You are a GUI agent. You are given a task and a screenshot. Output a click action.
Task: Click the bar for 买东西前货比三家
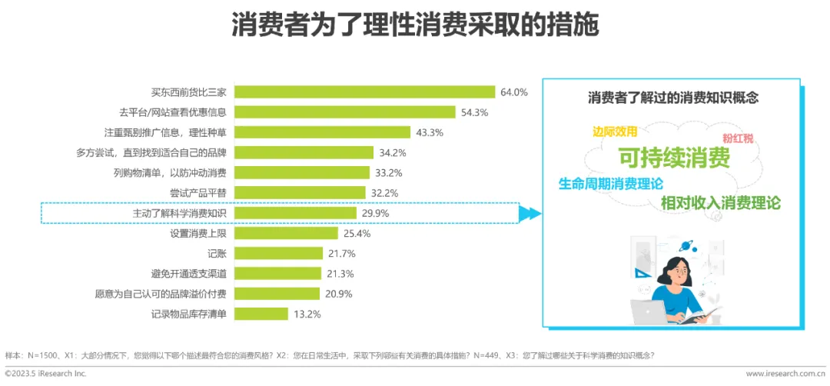[x=365, y=92]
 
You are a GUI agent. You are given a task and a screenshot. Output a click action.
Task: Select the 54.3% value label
[x=474, y=112]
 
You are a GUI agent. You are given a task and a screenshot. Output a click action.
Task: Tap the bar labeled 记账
[x=278, y=253]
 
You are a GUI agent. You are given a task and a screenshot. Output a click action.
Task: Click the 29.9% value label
[x=375, y=214]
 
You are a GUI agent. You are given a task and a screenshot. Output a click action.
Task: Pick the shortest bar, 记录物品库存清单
[x=261, y=314]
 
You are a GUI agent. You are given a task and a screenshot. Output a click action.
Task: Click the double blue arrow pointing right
[x=530, y=214]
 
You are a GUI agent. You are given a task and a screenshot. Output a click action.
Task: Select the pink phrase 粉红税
[x=738, y=138]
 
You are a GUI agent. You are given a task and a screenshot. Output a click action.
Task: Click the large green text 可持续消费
[x=675, y=157]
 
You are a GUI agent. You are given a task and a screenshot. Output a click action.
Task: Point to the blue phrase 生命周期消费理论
[x=610, y=184]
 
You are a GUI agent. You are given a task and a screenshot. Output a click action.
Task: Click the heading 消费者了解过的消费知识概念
[x=672, y=98]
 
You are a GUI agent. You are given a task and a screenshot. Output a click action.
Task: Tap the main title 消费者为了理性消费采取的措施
[x=415, y=25]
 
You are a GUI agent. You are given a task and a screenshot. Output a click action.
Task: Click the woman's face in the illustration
[x=678, y=273]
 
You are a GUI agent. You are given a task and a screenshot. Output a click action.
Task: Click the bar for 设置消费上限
[x=286, y=233]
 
